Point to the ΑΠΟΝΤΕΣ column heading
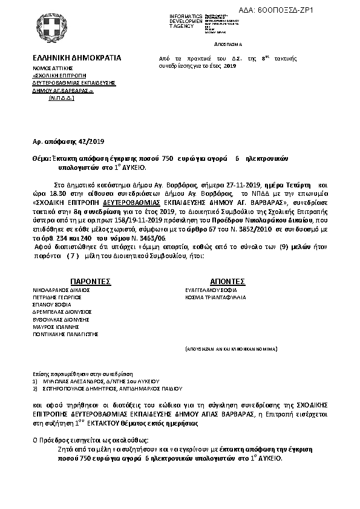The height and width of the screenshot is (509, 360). pos(227,281)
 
